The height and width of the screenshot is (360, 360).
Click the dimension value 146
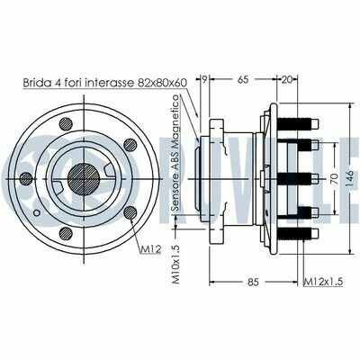click(350, 179)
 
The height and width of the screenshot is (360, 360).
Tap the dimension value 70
click(334, 179)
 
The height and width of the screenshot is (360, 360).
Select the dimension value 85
click(253, 282)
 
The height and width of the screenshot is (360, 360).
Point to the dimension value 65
click(243, 80)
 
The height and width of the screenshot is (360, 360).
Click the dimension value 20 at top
click(287, 80)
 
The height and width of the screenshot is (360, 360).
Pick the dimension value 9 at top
click(204, 79)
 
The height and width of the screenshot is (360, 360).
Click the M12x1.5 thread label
click(323, 282)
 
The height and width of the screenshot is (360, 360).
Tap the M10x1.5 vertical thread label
click(175, 265)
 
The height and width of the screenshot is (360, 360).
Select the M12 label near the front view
click(151, 248)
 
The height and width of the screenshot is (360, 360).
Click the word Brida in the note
click(37, 83)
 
